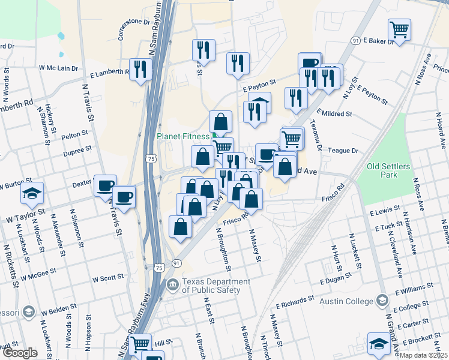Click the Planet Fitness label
(183, 136)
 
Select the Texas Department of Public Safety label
(216, 286)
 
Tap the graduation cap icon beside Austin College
(382, 300)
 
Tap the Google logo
(20, 352)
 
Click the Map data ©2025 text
(424, 355)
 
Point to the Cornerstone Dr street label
(134, 29)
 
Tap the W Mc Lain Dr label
(59, 68)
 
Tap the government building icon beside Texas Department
(173, 284)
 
